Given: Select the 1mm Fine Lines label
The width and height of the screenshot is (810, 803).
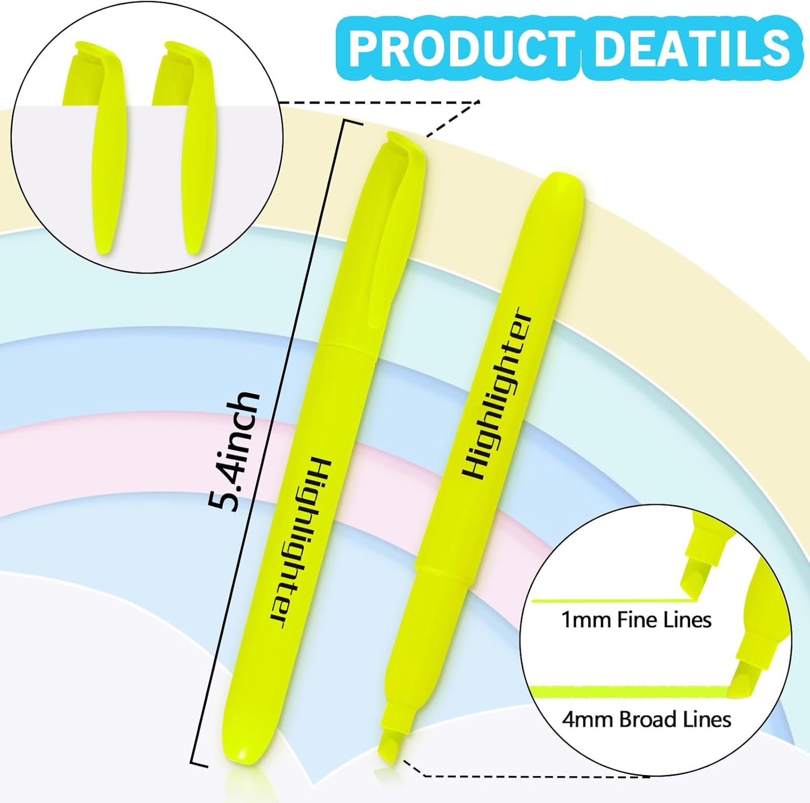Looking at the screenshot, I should pyautogui.click(x=636, y=620).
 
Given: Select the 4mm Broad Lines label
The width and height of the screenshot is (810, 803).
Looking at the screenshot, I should pyautogui.click(x=646, y=720).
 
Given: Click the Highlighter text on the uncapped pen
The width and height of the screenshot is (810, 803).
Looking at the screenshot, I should pyautogui.click(x=496, y=395).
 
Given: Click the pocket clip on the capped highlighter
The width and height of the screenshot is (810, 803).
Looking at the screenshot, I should pyautogui.click(x=392, y=247).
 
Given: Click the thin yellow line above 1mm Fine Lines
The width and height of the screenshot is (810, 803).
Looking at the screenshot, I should pyautogui.click(x=611, y=601).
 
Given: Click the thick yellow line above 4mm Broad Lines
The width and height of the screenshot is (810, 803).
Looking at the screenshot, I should pyautogui.click(x=628, y=691).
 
